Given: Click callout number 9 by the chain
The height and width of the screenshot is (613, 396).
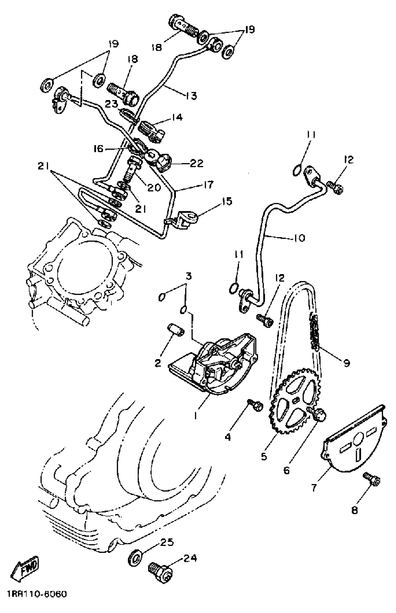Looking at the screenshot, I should coord(346,363).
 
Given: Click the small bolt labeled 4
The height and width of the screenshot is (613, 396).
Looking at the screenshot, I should coord(255,406).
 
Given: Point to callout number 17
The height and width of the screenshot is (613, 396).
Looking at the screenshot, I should coord(208,185).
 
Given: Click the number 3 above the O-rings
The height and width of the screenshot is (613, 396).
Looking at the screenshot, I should coord(188,276).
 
